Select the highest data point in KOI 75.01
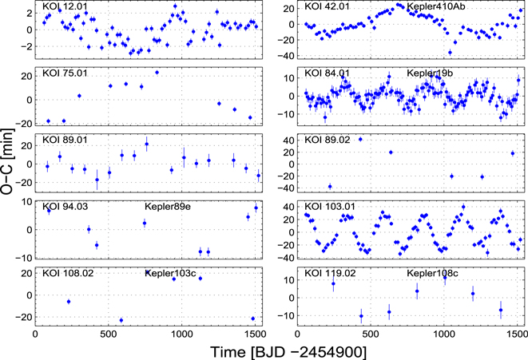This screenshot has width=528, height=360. pos(157,73)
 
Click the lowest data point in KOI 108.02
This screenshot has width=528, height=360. pos(121,320)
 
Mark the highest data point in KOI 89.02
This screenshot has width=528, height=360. pos(359,139)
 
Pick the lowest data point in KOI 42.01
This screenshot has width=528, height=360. pos(451,53)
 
